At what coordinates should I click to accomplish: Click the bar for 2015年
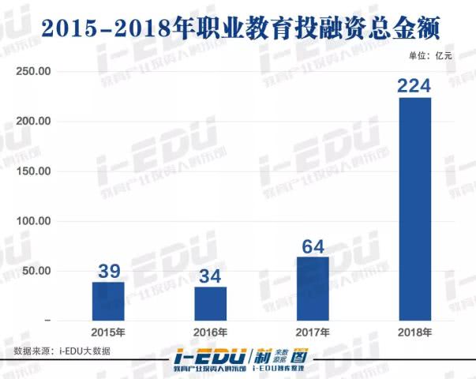pos(109,301)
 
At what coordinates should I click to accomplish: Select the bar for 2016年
pos(211,303)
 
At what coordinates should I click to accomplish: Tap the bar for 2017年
pos(313,288)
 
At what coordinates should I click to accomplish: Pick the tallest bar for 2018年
pos(414,208)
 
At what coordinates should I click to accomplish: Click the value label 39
pos(109,271)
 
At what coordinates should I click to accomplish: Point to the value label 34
pos(211,276)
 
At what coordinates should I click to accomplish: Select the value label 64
pos(313,246)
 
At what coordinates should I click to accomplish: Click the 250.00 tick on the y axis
pos(34,72)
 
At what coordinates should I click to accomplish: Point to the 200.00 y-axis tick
pos(34,122)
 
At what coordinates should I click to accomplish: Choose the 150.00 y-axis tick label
pos(34,171)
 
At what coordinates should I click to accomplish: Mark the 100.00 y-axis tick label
pos(34,221)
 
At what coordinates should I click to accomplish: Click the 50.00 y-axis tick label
pos(36,271)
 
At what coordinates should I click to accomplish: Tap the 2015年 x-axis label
pos(109,332)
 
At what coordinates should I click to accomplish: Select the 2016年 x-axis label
pos(211,332)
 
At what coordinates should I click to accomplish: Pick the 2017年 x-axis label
pos(313,332)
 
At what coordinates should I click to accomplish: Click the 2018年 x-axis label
pos(414,332)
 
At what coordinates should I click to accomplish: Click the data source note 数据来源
pos(62,351)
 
